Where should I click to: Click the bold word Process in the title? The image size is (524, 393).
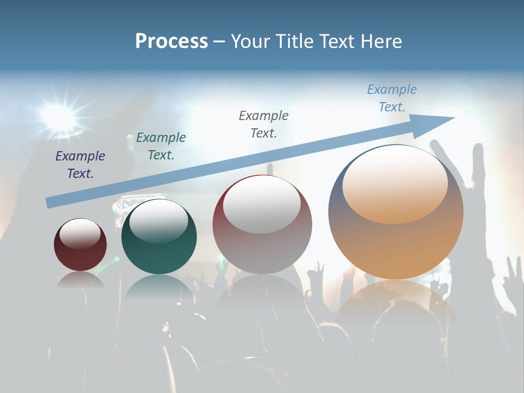[x=171, y=41]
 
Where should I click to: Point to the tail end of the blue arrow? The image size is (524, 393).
[x=48, y=203]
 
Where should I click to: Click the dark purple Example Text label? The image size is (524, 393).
[x=80, y=165]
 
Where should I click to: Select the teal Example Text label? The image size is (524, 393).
[x=161, y=146]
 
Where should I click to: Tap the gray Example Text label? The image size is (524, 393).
[x=264, y=124]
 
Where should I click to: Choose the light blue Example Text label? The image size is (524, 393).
[x=392, y=98]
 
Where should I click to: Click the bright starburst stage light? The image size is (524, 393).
[x=56, y=114]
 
